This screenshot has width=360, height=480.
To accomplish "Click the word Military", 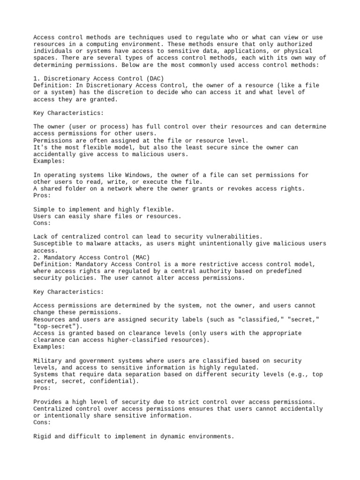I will (x=49, y=361).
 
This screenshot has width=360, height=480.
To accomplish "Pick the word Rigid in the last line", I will (x=43, y=436).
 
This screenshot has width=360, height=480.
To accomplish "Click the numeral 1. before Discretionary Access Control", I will (x=37, y=79).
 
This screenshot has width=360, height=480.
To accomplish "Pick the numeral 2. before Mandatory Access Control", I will (x=37, y=257).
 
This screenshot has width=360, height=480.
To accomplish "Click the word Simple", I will (x=45, y=210).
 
